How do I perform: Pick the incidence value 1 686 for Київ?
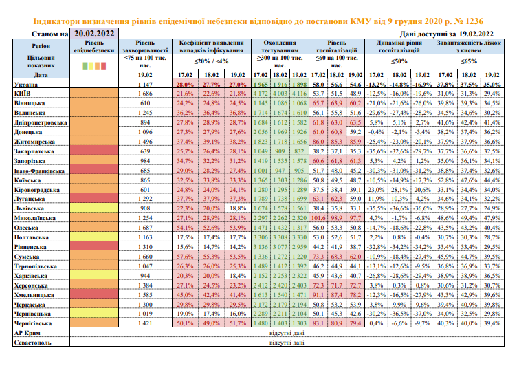click(x=145, y=91)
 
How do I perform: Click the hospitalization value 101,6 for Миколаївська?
click(x=318, y=217)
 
